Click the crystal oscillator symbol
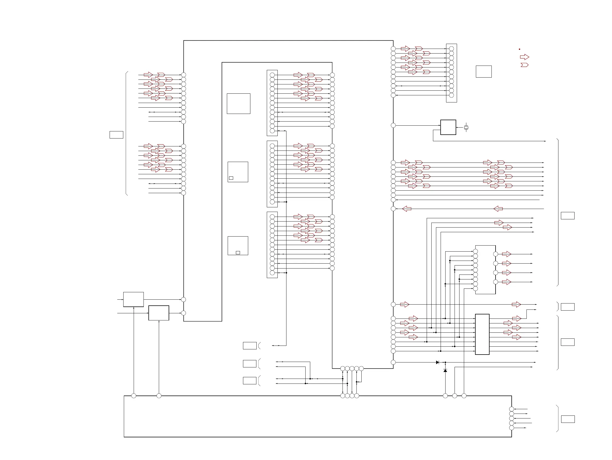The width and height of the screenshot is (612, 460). [466, 128]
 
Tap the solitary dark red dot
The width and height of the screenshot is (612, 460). [519, 49]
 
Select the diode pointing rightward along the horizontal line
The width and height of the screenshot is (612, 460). [437, 362]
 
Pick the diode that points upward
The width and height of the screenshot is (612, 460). [445, 370]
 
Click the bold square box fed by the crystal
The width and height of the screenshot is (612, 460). [448, 127]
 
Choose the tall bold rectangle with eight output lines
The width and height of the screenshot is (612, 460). [482, 334]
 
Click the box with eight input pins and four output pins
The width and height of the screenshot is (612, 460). [485, 270]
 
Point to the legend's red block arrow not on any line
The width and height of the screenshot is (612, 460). [524, 57]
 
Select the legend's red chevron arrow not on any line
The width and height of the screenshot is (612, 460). [524, 65]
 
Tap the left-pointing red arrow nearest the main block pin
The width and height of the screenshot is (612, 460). [407, 209]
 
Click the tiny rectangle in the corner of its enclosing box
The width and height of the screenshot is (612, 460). [231, 178]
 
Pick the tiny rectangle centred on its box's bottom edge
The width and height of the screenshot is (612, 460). [238, 253]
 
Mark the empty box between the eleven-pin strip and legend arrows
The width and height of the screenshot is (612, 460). [483, 72]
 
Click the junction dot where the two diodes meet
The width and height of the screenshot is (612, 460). [445, 362]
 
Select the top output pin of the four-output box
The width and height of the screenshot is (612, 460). [496, 254]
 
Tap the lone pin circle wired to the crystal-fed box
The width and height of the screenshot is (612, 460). [393, 125]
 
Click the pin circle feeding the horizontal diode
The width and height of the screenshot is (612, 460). [393, 362]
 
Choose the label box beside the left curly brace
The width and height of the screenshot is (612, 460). [116, 135]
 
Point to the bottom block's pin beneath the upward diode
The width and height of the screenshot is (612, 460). [445, 396]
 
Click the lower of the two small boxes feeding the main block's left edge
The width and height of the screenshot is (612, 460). [159, 313]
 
